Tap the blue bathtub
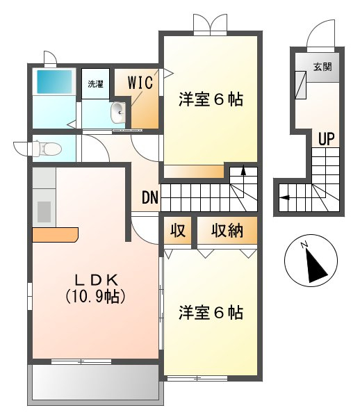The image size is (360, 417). [54, 81]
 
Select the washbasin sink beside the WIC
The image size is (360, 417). [118, 113]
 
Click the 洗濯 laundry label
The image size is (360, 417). [95, 84]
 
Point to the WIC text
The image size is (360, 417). [140, 83]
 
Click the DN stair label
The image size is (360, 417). [150, 197]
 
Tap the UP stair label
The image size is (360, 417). [326, 138]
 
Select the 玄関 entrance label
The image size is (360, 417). [322, 67]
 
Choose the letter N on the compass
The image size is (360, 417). [304, 245]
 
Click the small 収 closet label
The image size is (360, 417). [178, 230]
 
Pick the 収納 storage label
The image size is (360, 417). [227, 230]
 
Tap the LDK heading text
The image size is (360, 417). [96, 280]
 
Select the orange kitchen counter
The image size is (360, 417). [55, 235]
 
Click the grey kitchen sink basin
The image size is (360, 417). [44, 212]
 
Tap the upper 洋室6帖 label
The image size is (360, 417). [211, 99]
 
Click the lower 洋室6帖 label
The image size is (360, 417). [211, 313]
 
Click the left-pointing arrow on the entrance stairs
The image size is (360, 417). [285, 197]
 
